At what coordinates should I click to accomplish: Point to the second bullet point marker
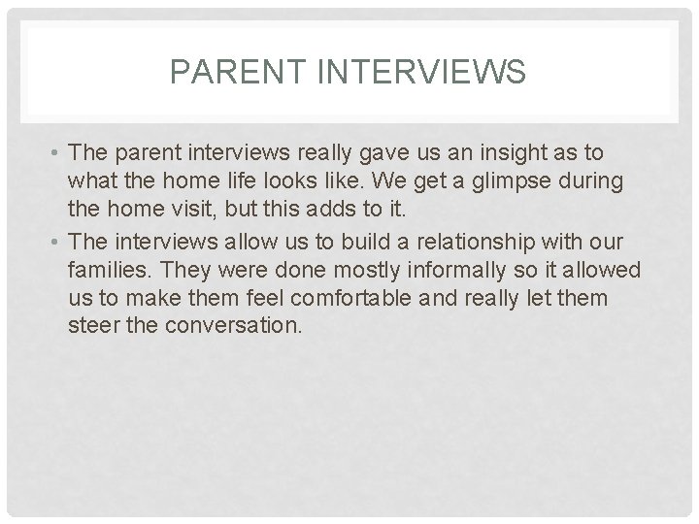click(59, 242)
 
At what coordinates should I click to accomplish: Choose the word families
click(105, 268)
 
